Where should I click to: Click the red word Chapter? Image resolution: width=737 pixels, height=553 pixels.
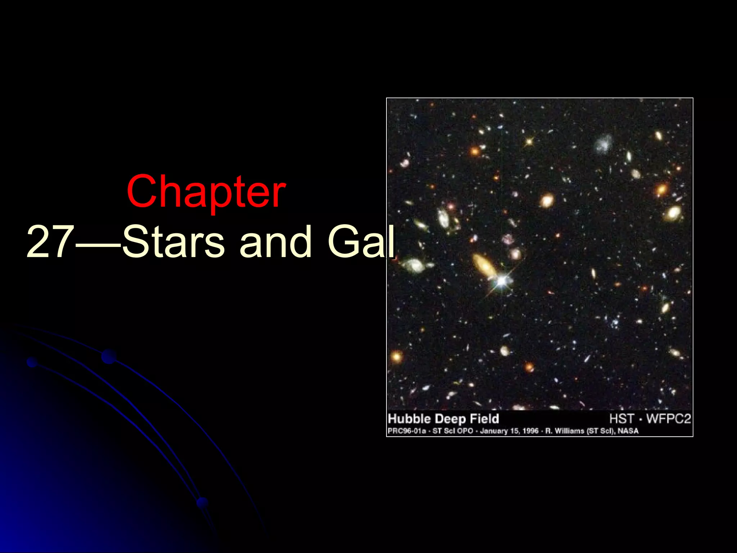(206, 192)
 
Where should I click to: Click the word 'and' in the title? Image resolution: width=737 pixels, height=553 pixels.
(275, 242)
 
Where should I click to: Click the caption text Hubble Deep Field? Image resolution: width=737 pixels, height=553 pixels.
(443, 419)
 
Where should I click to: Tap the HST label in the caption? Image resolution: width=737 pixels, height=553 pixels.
(621, 419)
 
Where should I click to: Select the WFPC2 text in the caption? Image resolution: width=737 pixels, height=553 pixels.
(669, 419)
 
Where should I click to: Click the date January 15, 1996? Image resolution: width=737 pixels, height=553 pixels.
(509, 431)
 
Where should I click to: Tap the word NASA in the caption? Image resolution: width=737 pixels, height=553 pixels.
(628, 431)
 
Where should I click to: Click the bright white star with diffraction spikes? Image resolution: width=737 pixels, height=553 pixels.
(501, 281)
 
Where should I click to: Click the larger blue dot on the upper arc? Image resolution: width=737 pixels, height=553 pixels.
(109, 356)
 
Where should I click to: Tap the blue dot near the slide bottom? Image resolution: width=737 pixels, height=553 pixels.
(202, 503)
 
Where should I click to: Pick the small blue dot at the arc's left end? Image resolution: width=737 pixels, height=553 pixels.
(32, 362)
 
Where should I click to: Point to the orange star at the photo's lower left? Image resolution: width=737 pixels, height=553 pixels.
(397, 356)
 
